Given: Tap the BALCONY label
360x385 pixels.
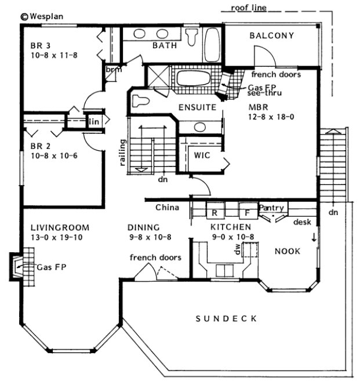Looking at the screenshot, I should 272,36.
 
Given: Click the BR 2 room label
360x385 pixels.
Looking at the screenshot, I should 40,147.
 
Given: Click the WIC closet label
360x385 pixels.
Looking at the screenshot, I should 202,155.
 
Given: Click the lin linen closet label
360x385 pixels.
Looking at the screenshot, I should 94,121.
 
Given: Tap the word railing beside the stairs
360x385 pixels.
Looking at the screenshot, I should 123,153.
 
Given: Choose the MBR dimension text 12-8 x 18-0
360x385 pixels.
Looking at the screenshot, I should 271,117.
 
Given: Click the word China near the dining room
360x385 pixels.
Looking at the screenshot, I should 167,207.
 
